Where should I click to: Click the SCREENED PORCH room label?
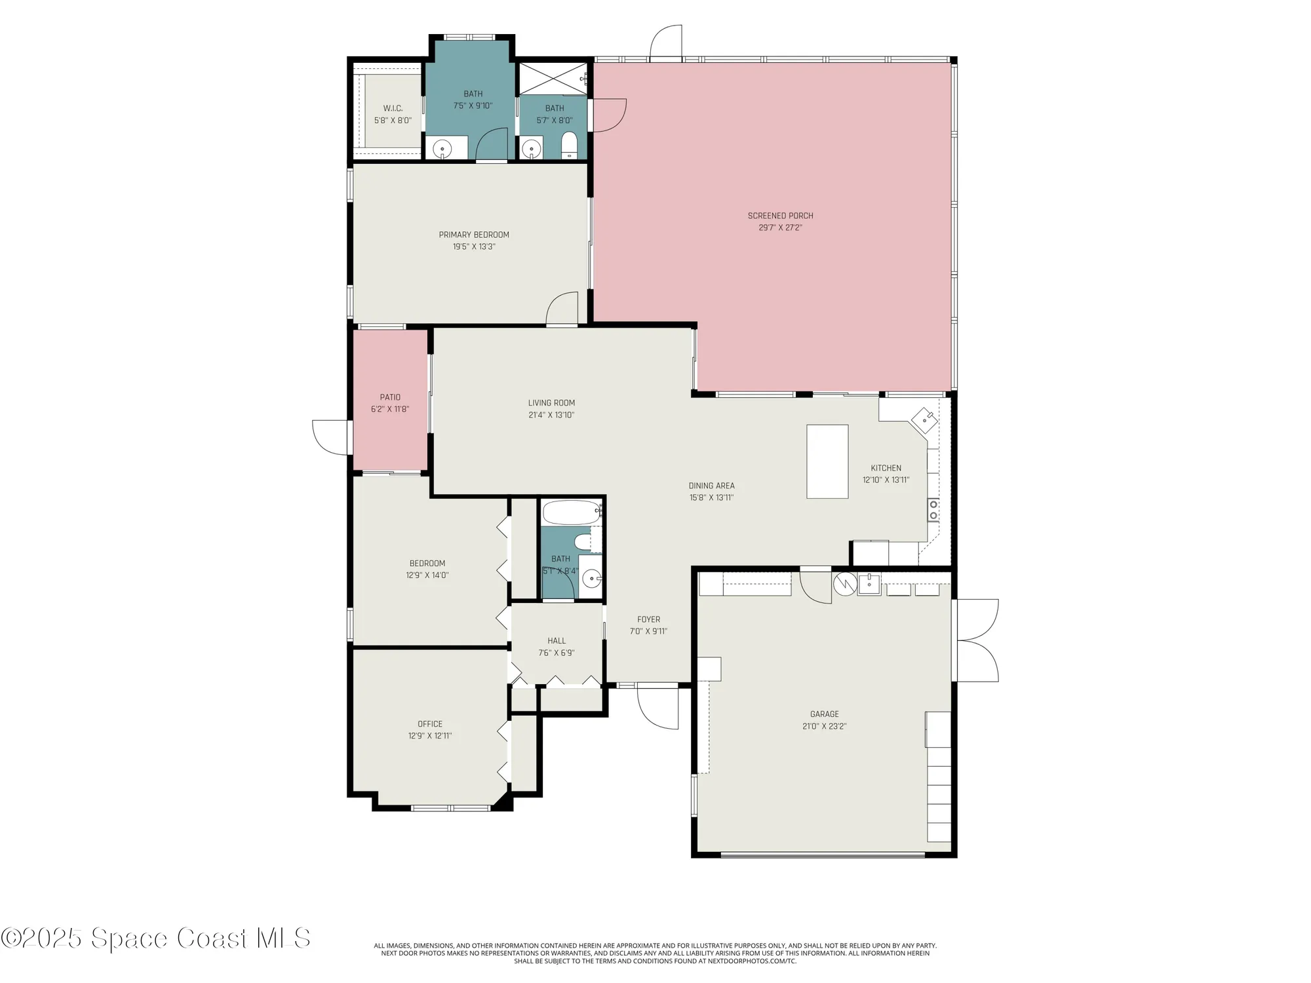(780, 216)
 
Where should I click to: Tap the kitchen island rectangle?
(827, 461)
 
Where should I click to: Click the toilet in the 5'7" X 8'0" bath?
(569, 145)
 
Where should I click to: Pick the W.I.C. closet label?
(393, 108)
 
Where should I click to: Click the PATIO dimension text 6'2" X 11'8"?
(390, 410)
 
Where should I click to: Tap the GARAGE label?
(824, 714)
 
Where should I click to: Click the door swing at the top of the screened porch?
(666, 43)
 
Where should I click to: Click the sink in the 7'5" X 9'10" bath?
(442, 148)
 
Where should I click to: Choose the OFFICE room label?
(430, 724)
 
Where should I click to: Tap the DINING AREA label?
(711, 486)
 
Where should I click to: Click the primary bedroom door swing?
(562, 308)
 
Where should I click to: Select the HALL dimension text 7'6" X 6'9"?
(557, 653)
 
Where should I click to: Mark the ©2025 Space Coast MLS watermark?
(155, 938)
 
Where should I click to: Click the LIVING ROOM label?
(551, 403)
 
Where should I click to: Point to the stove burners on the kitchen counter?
(933, 510)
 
